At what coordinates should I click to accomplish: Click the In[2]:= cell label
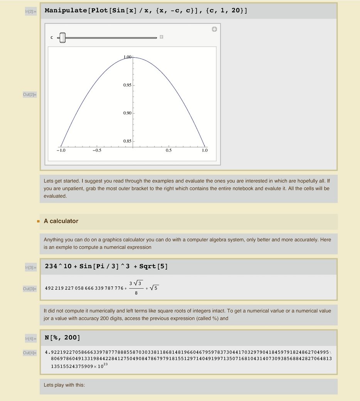point(30,12)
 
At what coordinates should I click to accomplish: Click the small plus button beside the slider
point(161,37)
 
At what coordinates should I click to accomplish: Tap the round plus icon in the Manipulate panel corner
point(214,29)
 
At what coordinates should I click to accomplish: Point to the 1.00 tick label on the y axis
point(128,57)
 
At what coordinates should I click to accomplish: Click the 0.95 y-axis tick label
point(127,85)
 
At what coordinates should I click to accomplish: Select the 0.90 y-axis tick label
point(127,113)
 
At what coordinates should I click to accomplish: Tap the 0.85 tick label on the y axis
point(127,141)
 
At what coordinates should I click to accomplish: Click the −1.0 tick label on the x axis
point(61,151)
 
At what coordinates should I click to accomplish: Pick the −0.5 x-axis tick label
point(96,151)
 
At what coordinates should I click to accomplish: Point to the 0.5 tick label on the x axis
point(169,151)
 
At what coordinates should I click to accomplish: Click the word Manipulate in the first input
point(66,10)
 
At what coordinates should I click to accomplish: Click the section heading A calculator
point(61,221)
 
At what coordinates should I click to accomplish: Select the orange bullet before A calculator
point(38,221)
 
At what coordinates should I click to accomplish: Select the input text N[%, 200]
point(62,338)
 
